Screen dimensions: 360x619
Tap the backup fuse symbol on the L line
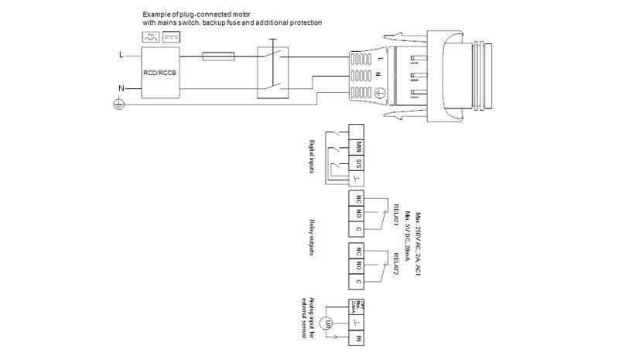218,56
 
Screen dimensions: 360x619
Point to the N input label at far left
120,88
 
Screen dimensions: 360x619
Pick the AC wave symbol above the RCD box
148,36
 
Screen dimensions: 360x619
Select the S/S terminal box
357,163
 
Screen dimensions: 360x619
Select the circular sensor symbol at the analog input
327,322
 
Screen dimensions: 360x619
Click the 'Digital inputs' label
312,156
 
